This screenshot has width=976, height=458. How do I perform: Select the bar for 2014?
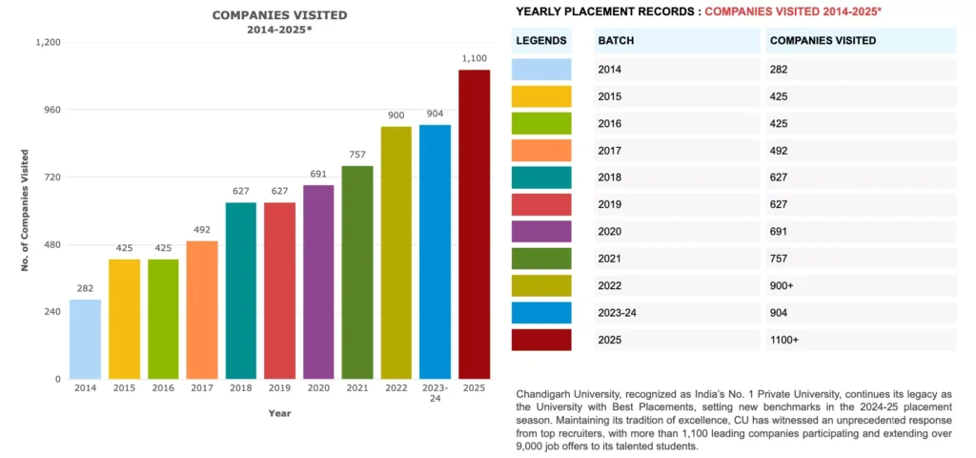85,339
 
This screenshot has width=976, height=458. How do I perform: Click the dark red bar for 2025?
474,224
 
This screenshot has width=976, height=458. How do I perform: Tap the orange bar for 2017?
202,309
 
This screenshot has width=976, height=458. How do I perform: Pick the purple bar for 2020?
318,281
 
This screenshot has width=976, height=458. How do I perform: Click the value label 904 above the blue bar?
435,114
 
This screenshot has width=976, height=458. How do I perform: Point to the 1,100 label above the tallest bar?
474,59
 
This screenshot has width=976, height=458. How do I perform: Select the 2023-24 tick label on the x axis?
435,393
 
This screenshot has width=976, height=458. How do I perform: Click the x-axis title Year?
279,413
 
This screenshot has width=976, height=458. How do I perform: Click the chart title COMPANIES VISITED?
279,15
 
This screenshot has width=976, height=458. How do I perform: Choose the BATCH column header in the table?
616,41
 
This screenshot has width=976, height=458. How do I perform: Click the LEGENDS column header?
540,41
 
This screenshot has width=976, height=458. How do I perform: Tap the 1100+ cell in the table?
787,340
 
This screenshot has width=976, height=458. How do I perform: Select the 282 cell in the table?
779,70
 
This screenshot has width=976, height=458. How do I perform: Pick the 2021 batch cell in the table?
609,259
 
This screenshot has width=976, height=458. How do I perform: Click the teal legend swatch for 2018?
541,177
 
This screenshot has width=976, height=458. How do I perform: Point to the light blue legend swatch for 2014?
541,70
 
